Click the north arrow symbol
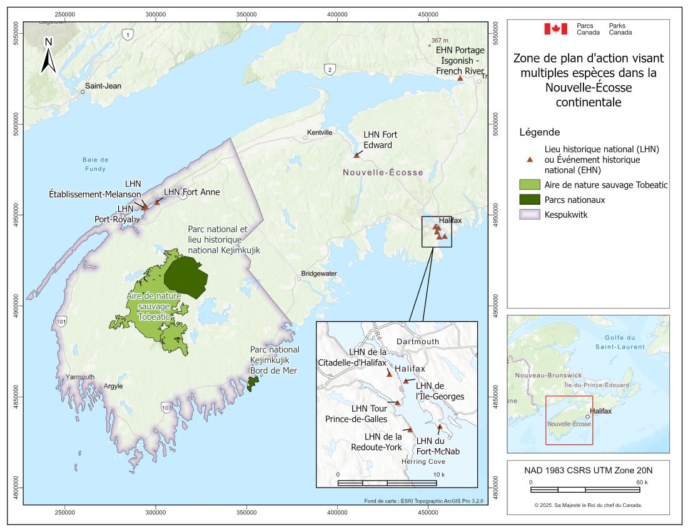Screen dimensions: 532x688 [48, 55]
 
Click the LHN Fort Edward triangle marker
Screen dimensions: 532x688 [357, 155]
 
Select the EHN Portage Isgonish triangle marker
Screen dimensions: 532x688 [460, 78]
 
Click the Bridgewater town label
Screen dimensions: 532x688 [319, 274]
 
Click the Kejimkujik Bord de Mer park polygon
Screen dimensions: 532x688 [253, 384]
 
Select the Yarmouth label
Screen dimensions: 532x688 [80, 377]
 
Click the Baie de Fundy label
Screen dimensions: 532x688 [96, 164]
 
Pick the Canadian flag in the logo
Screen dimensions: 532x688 [555, 29]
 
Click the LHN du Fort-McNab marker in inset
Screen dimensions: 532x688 [440, 427]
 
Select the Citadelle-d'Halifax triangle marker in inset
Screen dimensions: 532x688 [389, 374]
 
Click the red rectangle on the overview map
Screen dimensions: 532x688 [569, 420]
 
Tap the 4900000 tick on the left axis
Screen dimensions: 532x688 [13, 306]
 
